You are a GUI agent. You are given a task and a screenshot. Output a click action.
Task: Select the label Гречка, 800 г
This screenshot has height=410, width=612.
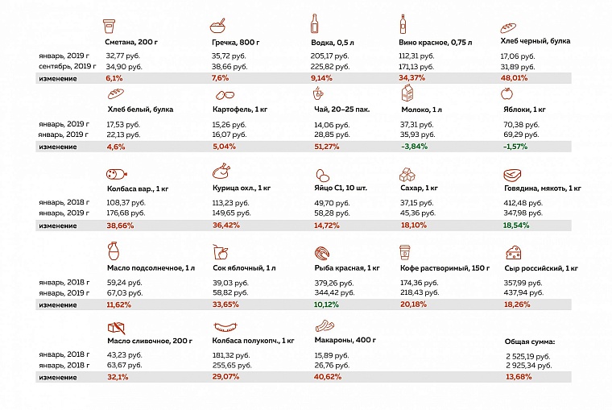point(235,41)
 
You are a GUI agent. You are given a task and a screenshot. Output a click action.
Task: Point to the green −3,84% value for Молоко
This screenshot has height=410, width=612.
point(415,147)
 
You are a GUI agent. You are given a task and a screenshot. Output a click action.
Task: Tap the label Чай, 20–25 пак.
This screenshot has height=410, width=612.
point(340,109)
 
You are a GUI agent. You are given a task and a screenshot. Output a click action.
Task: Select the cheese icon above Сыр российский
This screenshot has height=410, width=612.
point(512,251)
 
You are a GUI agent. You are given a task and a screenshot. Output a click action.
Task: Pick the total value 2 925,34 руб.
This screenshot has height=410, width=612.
point(528,365)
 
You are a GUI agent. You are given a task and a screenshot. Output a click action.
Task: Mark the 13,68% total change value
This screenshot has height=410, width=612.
point(518,376)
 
